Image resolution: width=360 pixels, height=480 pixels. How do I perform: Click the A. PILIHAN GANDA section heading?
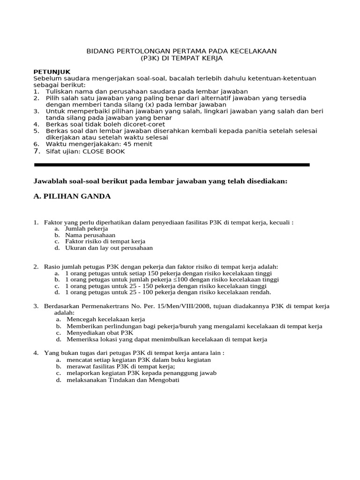[72, 196]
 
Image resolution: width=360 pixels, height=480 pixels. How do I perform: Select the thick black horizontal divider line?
[172, 165]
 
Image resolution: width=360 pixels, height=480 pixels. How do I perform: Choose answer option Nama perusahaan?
[90, 235]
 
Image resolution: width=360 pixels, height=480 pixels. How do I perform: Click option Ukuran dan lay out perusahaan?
[109, 248]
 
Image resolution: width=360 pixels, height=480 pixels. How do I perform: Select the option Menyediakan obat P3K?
[99, 332]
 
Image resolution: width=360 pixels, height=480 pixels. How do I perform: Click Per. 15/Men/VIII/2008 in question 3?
[171, 306]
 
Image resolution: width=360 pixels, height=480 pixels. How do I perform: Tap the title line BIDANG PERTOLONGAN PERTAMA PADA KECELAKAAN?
[182, 51]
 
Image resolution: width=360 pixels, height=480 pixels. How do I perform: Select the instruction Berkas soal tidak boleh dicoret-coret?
[105, 124]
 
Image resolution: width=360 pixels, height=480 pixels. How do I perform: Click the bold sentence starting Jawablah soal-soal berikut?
[160, 181]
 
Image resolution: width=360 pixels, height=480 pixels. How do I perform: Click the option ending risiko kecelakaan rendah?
[168, 292]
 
